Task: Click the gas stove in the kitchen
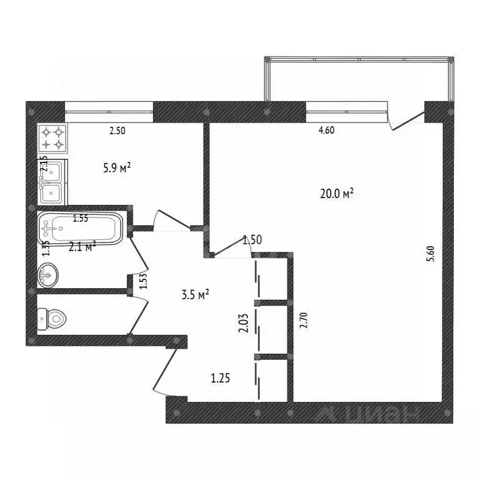[x=52, y=139]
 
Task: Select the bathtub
[x=81, y=229]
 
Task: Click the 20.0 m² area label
[x=336, y=194]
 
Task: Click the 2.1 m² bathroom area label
[x=81, y=246]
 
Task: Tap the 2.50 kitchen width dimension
[x=117, y=132]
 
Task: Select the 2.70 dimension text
[x=304, y=320]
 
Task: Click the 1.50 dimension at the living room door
[x=251, y=239]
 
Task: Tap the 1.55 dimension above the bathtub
[x=81, y=218]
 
